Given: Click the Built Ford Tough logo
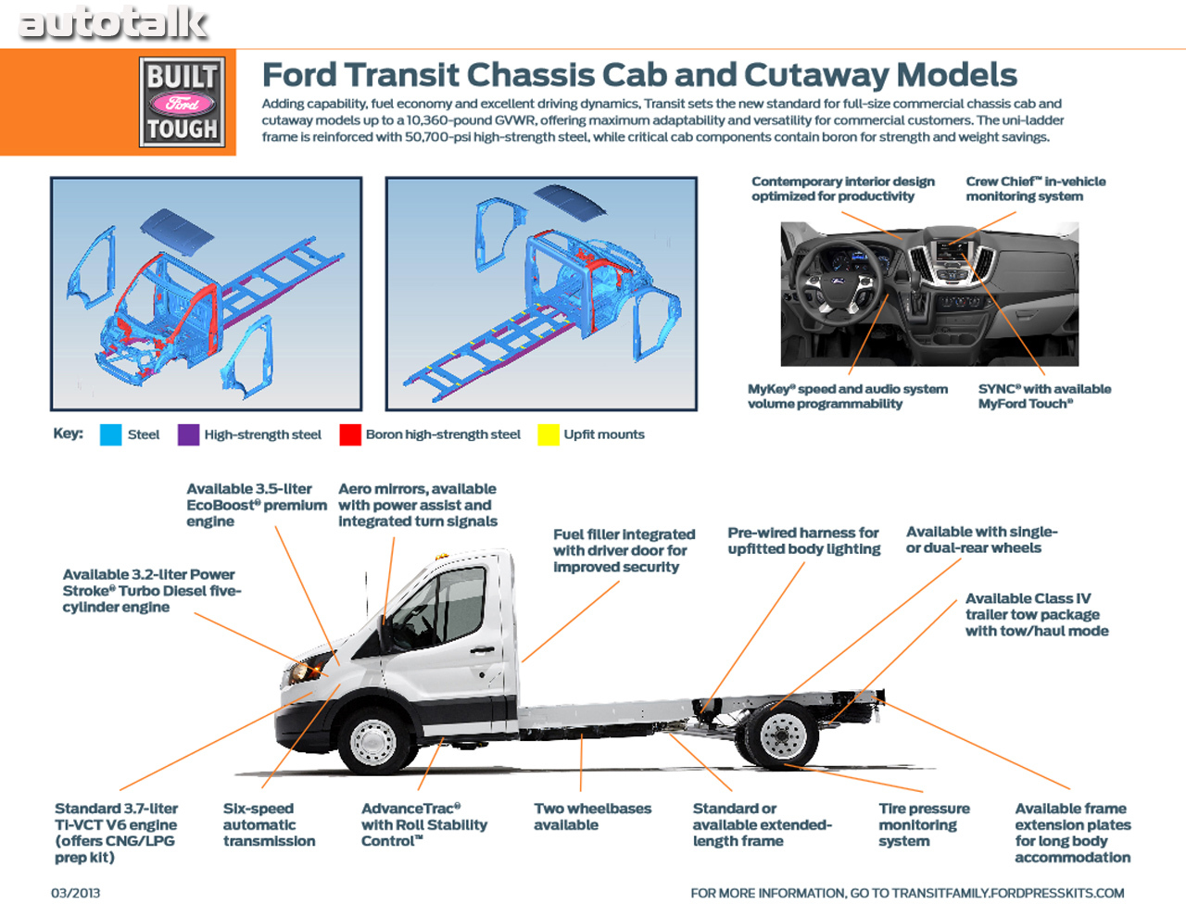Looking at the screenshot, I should [x=183, y=102].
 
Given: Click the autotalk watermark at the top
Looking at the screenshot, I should [x=113, y=23].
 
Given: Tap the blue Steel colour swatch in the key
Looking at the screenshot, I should [x=111, y=434].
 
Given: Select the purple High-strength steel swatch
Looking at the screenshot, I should [x=188, y=434].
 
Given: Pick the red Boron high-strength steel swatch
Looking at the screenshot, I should [x=350, y=434].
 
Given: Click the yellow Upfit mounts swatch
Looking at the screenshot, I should [x=549, y=434].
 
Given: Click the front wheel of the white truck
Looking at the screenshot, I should [x=373, y=740].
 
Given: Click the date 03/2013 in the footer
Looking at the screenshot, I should [x=75, y=893].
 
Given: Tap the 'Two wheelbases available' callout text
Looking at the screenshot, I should [x=592, y=816].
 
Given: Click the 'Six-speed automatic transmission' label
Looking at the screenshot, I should [x=269, y=824].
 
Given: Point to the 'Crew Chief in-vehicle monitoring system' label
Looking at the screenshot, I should [x=1035, y=189].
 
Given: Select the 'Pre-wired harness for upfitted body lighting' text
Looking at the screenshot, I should [x=803, y=540].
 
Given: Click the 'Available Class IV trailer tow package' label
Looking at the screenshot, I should [x=1036, y=614].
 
